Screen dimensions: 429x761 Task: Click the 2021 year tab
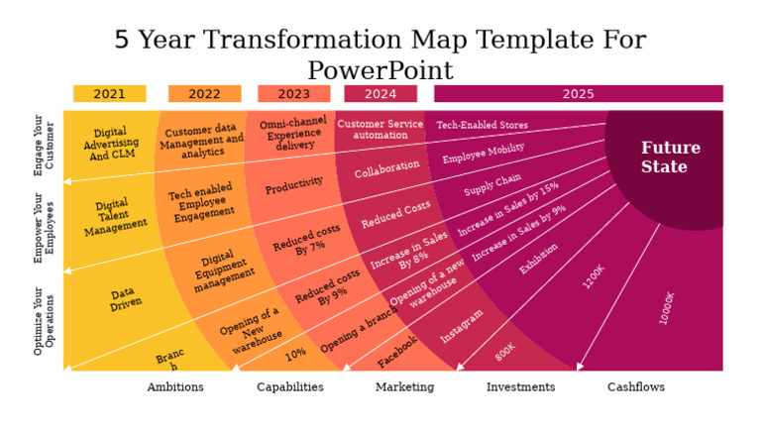[x=109, y=94]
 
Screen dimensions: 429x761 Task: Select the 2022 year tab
[x=204, y=94]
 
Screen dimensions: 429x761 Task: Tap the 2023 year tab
[x=293, y=94]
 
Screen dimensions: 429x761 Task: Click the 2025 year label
[x=578, y=94]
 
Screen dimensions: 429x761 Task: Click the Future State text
[x=670, y=158]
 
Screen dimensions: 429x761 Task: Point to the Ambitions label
[x=175, y=387]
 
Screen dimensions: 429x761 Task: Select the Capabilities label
[x=289, y=387]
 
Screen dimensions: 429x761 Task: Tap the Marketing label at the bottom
[x=404, y=387]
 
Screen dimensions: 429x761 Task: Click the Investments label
[x=520, y=387]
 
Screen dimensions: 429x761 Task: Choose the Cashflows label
[x=635, y=387]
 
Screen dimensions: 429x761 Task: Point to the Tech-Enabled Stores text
[x=483, y=126]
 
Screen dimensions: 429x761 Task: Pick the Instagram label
[x=462, y=326]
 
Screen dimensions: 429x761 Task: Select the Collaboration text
[x=387, y=169]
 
